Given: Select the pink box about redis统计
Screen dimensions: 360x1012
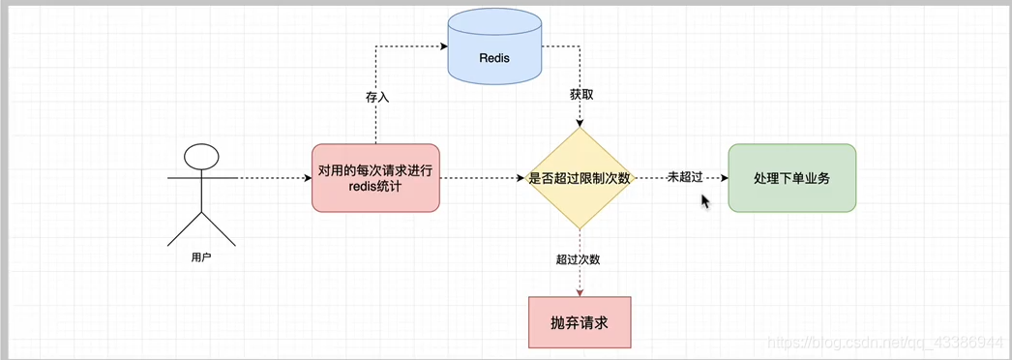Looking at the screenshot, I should pos(375,178).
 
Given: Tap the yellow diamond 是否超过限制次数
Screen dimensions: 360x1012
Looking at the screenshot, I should pos(579,178).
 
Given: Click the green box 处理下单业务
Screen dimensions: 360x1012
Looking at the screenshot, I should pos(791,178).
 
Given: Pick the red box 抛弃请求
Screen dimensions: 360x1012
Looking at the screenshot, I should pos(579,322).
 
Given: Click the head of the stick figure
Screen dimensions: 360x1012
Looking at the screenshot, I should pos(201,156).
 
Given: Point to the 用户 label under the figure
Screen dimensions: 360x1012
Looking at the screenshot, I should pos(201,258).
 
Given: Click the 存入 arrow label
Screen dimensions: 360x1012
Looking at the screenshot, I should pos(376,97).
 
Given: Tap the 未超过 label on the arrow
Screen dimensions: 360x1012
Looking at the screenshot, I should pos(684,178).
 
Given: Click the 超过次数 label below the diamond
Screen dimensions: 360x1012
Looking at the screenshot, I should pos(579,259).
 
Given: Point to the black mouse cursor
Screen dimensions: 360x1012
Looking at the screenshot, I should pos(705,199).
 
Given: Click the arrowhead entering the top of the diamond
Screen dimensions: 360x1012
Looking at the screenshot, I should pos(579,123).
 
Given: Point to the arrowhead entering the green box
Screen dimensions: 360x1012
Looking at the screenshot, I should pos(724,178).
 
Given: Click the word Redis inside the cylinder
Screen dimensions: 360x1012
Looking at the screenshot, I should pos(493,58).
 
